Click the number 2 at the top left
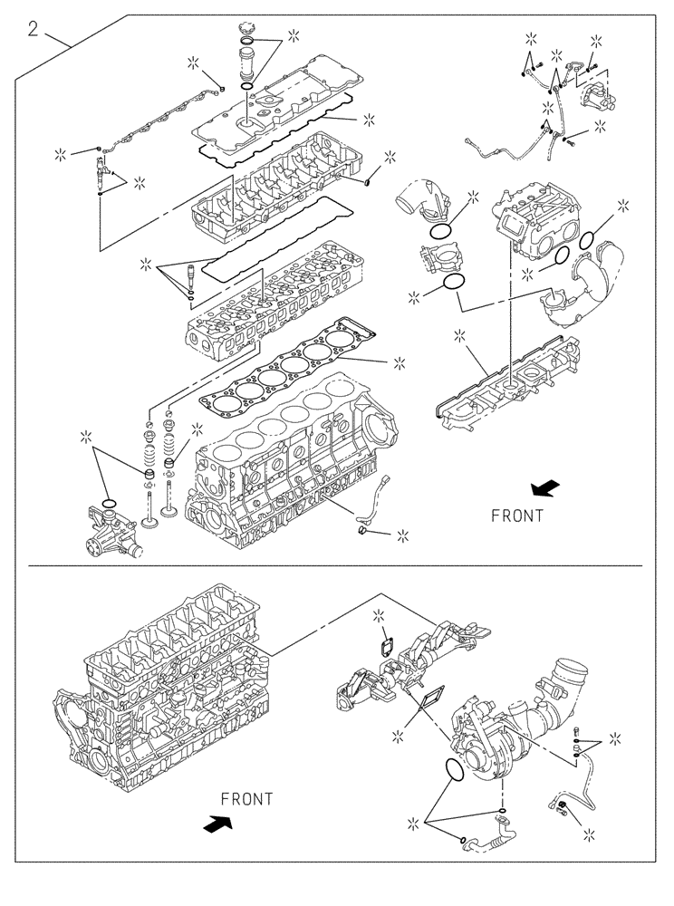(33, 30)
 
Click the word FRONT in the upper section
(517, 516)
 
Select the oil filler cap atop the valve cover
(246, 33)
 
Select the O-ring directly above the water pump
(109, 504)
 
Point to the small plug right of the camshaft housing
(368, 181)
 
